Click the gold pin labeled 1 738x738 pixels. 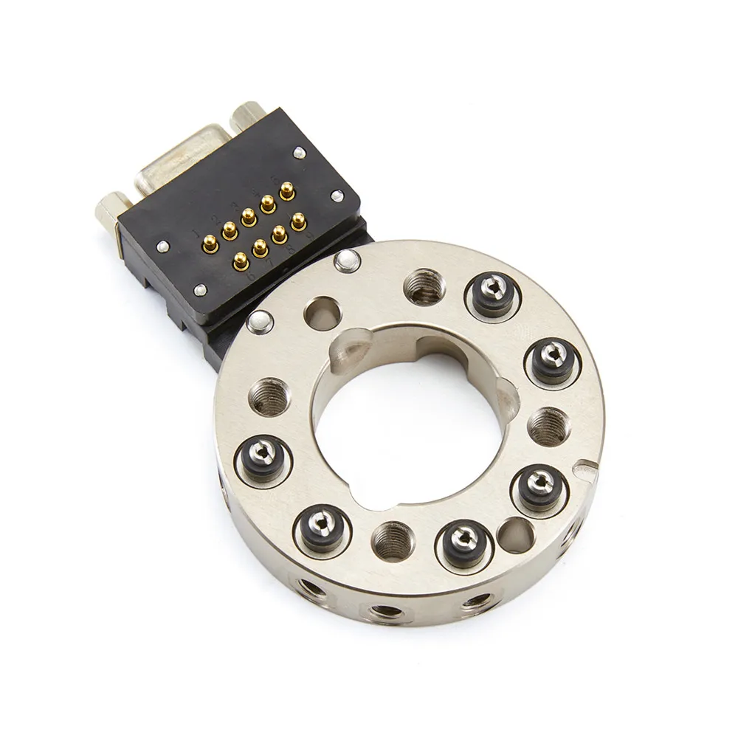coord(210,241)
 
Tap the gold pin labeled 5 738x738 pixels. coord(287,192)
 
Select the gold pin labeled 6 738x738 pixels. coord(240,259)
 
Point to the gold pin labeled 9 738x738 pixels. coord(298,221)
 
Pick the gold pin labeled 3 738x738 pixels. coord(249,215)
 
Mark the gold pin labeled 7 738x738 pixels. coord(260,247)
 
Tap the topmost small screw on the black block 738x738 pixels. coord(299,152)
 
